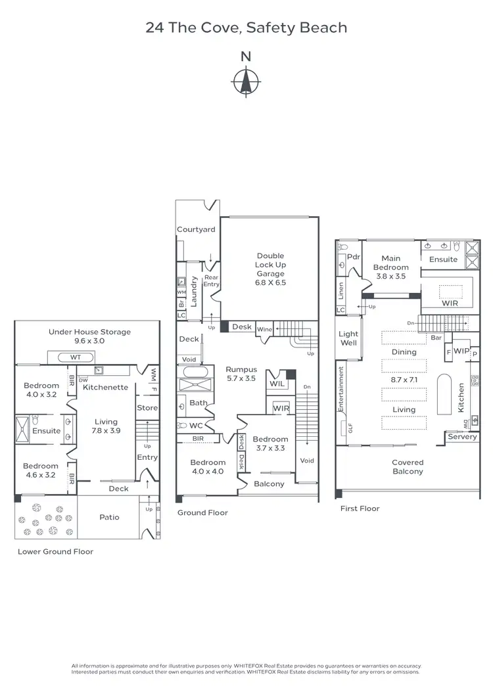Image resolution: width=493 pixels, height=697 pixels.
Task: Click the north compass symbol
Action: point(246,81)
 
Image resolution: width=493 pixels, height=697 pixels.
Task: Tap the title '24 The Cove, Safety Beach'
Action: point(246,28)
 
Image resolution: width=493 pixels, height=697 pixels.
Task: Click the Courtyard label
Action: point(196,229)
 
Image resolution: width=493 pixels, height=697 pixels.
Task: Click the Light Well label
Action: point(348,338)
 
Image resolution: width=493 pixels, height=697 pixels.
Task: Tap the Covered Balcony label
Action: point(408,466)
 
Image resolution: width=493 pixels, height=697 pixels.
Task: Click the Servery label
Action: point(461,437)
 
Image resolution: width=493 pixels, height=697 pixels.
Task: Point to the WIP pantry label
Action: point(461,351)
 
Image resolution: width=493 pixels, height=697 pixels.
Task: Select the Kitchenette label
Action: point(105,387)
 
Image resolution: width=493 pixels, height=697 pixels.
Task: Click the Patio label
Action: point(109,517)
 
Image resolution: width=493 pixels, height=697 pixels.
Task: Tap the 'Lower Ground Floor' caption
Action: point(55,552)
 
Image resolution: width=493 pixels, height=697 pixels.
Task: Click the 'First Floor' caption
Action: point(360,508)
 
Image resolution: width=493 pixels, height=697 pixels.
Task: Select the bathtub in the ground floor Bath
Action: point(193,372)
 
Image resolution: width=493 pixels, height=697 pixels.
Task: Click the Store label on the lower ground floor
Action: point(147,407)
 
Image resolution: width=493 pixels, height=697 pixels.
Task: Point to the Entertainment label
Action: point(342,389)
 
